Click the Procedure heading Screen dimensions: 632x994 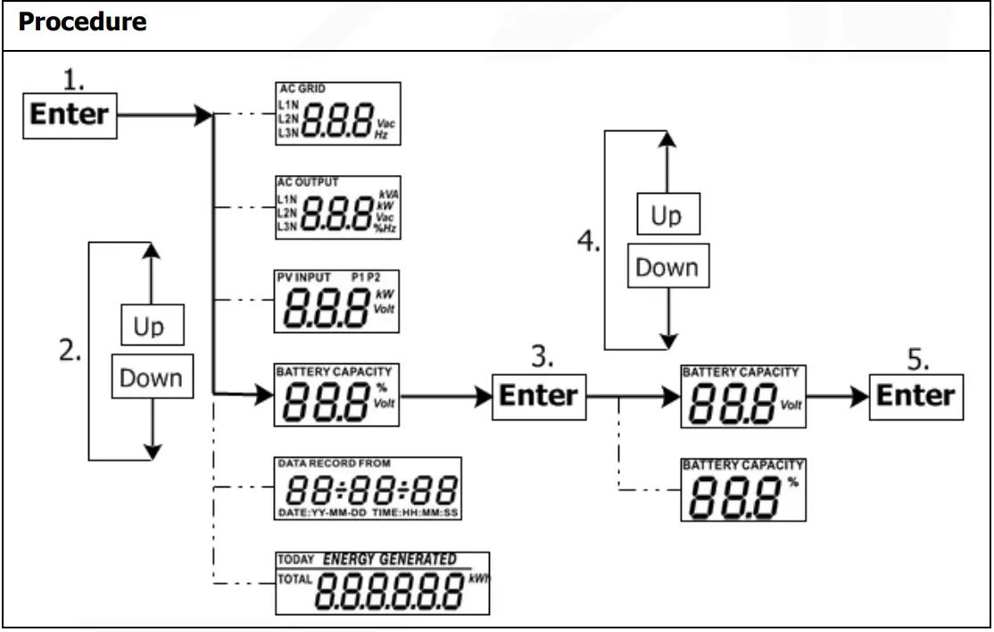pos(82,22)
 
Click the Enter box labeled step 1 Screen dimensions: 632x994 pos(70,115)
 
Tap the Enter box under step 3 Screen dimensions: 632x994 pos(539,395)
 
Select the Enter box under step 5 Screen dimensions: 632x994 pos(915,395)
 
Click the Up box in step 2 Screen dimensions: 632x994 pos(149,327)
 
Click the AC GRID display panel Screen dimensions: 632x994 pos(337,113)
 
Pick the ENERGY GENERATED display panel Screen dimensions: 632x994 pos(383,583)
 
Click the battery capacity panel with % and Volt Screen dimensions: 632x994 pos(337,395)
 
